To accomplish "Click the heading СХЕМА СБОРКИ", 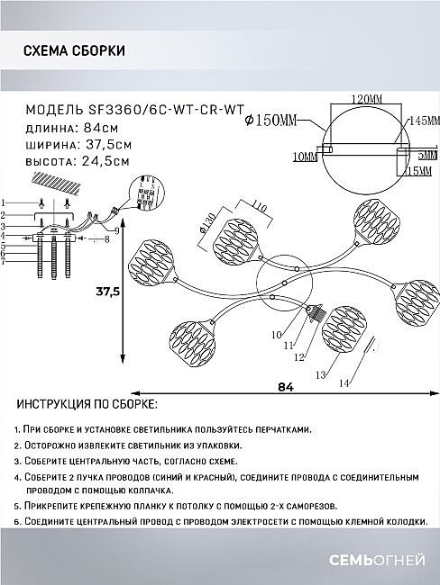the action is coord(74,50).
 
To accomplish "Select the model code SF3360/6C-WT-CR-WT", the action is coord(166,110).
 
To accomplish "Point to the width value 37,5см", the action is coord(109,144).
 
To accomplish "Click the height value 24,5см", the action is coord(106,161).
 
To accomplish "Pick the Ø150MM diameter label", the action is coord(270,120).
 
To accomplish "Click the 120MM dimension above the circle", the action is coord(367,99).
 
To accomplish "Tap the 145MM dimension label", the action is coord(425,121).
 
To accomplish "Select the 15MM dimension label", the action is coord(418,171).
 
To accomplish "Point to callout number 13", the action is coord(321,374).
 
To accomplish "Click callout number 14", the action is coord(344,383).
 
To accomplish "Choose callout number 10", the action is coord(277,335).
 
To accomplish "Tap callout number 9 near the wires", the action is coord(116,231).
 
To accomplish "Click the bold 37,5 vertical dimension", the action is coord(107,291).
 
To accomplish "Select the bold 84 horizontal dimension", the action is coord(286,387).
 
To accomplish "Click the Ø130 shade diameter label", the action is coord(207,223).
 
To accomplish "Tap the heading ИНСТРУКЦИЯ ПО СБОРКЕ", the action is coord(87,404).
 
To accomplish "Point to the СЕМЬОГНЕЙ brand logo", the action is coord(377,560).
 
